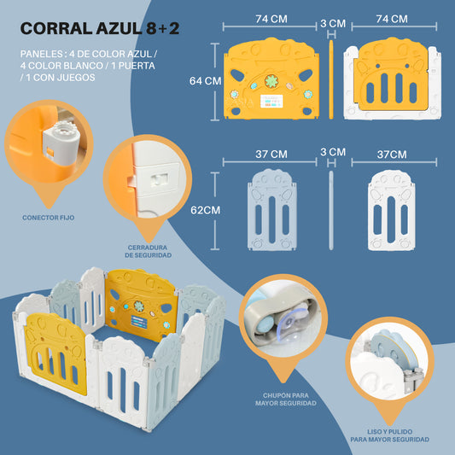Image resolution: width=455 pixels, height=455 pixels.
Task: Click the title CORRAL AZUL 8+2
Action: point(100,28)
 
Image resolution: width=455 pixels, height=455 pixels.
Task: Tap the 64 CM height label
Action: point(205,80)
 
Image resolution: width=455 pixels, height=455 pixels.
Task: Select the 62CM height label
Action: point(205,210)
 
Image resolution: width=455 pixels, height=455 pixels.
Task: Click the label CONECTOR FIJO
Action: point(48,218)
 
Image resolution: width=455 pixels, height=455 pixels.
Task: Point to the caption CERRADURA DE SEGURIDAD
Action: point(148,251)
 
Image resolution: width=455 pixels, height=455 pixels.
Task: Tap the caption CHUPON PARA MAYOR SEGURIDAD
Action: point(286,400)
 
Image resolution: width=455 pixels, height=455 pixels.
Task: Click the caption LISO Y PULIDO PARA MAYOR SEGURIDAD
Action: point(390,435)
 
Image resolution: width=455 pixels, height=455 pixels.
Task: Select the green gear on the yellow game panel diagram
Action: point(271,81)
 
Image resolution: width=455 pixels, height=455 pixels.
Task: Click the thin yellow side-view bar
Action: point(331,79)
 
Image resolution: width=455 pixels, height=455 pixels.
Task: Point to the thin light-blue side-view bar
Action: point(331,210)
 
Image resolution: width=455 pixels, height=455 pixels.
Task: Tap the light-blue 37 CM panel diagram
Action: point(272,210)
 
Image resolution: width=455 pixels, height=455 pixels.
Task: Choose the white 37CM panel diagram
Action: point(392,210)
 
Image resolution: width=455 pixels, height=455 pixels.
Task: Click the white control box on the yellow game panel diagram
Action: point(271,101)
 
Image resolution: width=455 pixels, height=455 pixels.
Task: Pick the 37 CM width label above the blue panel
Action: point(271,154)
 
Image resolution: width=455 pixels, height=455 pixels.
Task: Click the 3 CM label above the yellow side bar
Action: point(333,24)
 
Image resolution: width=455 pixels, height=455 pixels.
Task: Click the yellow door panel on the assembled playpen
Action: point(55,353)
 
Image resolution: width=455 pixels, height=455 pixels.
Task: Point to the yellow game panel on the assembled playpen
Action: point(141,305)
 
